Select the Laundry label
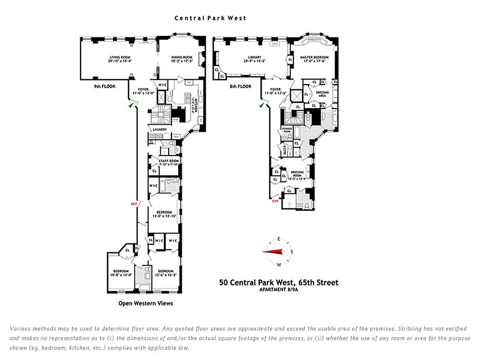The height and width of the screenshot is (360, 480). (x=160, y=130)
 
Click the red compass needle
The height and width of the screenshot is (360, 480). (x=274, y=252)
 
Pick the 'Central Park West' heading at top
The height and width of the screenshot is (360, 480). (x=210, y=18)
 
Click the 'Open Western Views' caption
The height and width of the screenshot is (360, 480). (x=145, y=303)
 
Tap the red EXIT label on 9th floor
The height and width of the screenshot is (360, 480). (x=134, y=204)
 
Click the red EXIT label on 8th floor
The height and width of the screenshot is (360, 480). (x=275, y=201)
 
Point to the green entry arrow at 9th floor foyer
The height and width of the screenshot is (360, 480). (x=130, y=104)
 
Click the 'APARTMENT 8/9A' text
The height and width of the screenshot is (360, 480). (x=278, y=290)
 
